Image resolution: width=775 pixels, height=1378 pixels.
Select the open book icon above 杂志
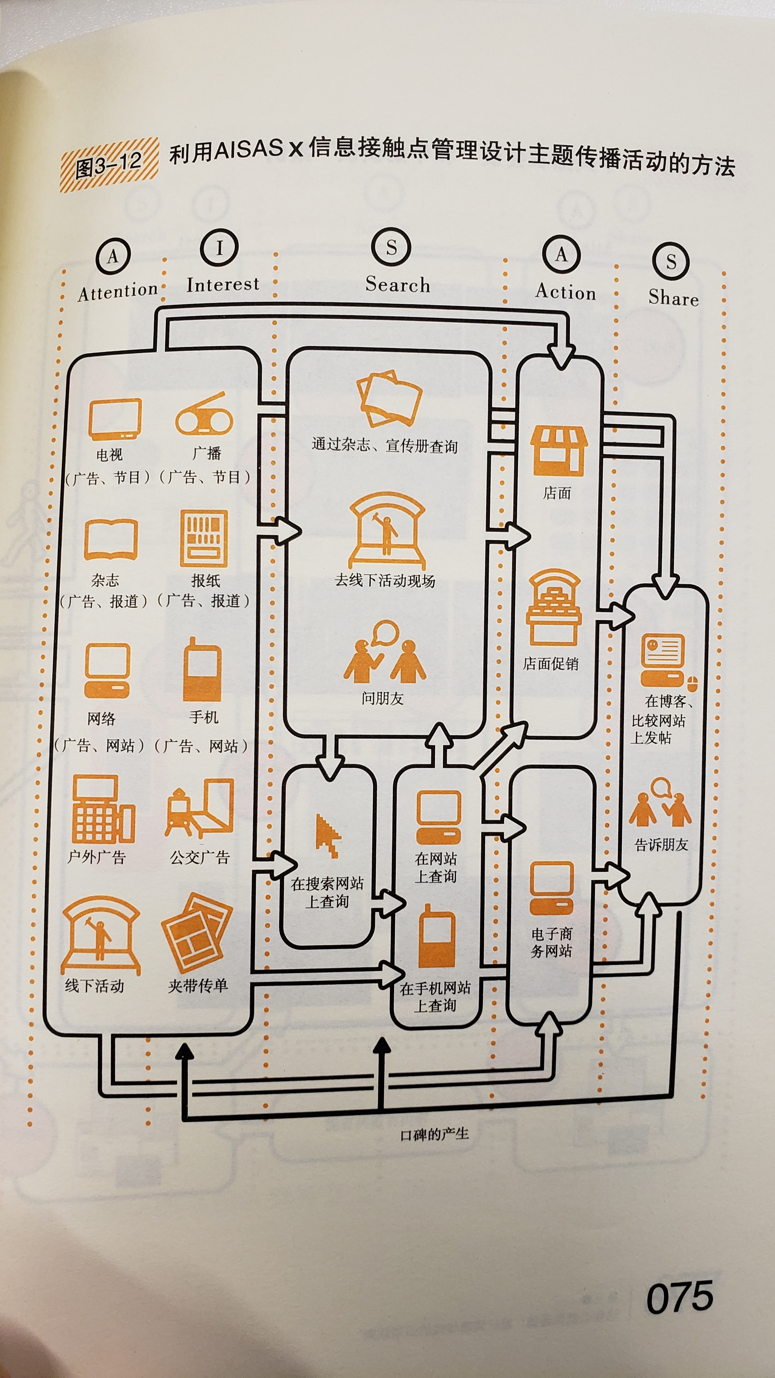(111, 540)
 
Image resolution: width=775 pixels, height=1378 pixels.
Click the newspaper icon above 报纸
(204, 538)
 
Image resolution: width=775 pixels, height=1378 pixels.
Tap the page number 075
(679, 1297)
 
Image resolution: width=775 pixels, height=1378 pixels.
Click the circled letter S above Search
(391, 247)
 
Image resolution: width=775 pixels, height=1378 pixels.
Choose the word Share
(674, 297)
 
